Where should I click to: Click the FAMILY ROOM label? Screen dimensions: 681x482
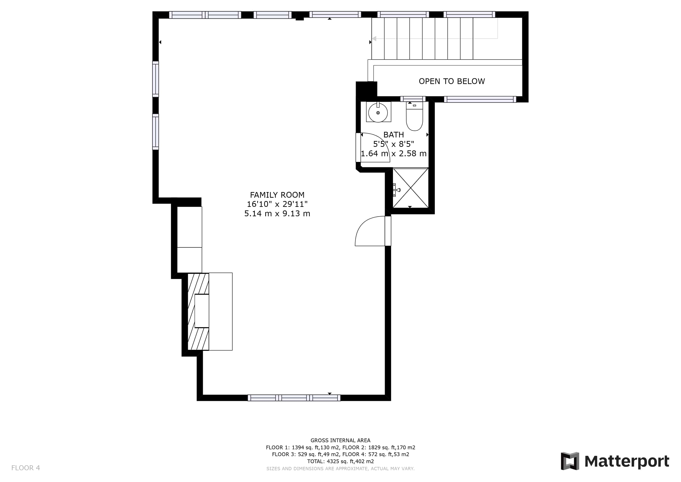[277, 195]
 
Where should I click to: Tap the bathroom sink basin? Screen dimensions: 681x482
[378, 113]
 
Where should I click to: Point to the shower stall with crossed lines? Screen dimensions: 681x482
[411, 188]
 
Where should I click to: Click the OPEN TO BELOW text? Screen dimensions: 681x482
[452, 81]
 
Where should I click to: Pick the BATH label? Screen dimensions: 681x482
[394, 135]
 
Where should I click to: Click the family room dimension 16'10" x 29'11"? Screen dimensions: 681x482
[277, 204]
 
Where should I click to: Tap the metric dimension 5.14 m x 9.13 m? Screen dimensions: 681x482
[277, 214]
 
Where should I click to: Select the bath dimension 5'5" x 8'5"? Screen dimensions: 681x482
[394, 144]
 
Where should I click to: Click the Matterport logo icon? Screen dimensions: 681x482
[570, 461]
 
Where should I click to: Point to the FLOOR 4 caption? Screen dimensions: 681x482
[25, 468]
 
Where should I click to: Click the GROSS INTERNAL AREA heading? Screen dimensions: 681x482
[340, 440]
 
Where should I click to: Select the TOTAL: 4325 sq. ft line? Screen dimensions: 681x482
[340, 462]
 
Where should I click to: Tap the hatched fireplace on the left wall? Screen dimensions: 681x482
[198, 312]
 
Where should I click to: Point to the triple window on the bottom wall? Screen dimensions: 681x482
[294, 398]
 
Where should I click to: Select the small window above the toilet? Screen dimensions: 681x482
[413, 99]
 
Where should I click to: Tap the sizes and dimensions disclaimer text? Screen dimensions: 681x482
[340, 469]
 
